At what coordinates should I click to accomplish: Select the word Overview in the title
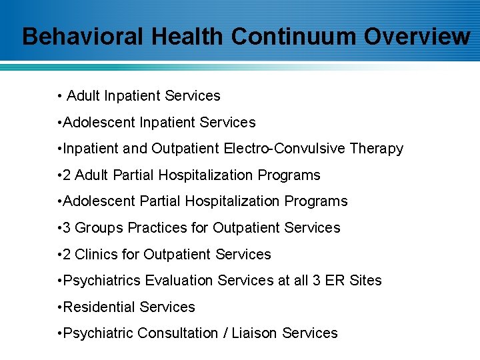pos(417,36)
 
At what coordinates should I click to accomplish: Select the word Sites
pos(365,280)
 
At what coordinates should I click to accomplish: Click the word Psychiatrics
pos(97,280)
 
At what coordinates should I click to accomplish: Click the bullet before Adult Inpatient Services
pos(60,96)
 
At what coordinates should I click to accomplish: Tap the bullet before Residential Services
pos(60,307)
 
